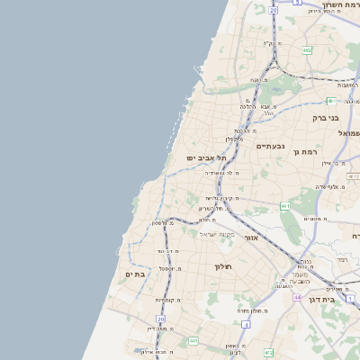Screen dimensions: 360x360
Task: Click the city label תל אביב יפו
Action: pos(204,157)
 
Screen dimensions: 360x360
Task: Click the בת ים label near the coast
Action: pos(135,274)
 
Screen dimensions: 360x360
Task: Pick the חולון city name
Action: pos(223,267)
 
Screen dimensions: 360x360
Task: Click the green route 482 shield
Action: pos(307,51)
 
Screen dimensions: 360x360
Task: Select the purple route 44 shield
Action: pos(296,296)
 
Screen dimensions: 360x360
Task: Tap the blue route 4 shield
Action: pos(246,324)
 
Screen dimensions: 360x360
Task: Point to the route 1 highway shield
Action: pos(350,298)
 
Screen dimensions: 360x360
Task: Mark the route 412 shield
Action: pos(268,353)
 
